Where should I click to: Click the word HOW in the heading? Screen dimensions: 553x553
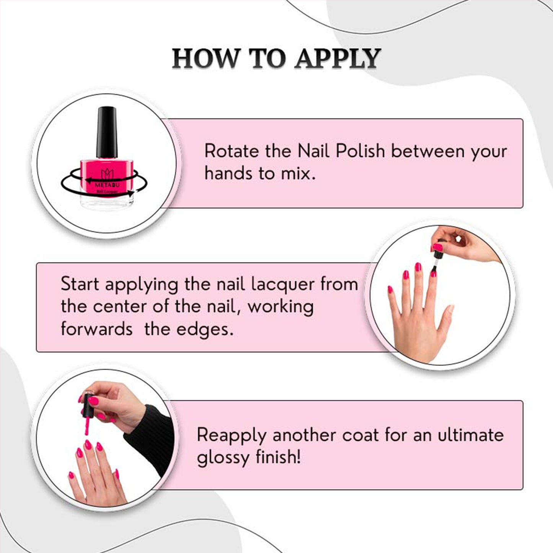(206, 59)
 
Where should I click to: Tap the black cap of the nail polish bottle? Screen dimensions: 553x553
(107, 132)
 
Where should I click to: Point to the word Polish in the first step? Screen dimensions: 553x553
(360, 151)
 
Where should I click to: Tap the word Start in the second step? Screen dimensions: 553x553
(80, 284)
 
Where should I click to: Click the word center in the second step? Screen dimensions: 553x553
(120, 307)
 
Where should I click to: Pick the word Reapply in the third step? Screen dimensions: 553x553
(232, 436)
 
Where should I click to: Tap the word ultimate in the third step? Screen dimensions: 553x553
(471, 436)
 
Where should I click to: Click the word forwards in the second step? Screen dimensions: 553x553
(97, 329)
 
